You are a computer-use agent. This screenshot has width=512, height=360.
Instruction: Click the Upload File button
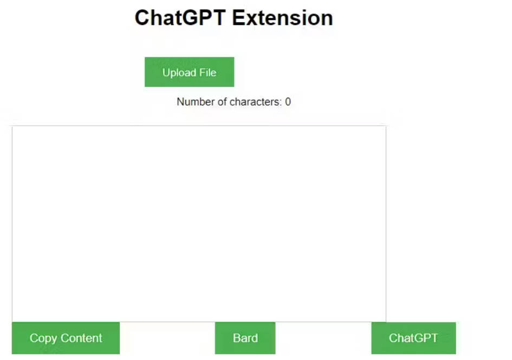pyautogui.click(x=189, y=72)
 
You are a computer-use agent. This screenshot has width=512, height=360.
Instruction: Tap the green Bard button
pyautogui.click(x=245, y=338)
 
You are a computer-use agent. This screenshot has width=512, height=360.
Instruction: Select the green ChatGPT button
pyautogui.click(x=413, y=338)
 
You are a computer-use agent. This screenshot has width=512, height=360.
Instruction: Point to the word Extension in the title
pyautogui.click(x=283, y=18)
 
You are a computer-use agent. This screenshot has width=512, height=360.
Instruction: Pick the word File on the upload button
pyautogui.click(x=207, y=73)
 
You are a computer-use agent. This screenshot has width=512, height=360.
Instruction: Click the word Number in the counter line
pyautogui.click(x=195, y=101)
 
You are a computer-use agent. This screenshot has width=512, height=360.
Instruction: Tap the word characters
pyautogui.click(x=255, y=101)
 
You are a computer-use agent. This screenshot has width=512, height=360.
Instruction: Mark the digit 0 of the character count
pyautogui.click(x=288, y=101)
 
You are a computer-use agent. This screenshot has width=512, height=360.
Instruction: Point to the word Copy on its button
pyautogui.click(x=43, y=338)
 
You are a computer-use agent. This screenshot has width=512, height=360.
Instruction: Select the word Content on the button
pyautogui.click(x=81, y=338)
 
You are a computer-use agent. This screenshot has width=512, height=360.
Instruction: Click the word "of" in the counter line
pyautogui.click(x=222, y=101)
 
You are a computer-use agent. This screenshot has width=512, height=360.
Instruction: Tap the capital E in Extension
pyautogui.click(x=238, y=18)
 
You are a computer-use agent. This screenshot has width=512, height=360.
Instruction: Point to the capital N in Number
pyautogui.click(x=180, y=101)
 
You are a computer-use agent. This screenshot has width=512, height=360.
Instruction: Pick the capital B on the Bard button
pyautogui.click(x=237, y=338)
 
